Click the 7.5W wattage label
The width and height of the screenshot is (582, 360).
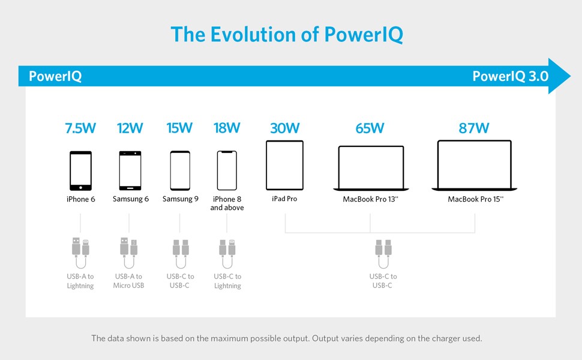click(80, 128)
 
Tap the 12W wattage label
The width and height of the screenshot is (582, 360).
click(130, 128)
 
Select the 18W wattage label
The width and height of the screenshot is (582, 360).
click(227, 128)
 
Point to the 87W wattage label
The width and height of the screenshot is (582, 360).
click(474, 128)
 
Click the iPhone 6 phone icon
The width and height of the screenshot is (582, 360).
click(81, 170)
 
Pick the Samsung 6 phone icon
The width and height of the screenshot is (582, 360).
click(130, 170)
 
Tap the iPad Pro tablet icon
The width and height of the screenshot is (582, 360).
click(285, 166)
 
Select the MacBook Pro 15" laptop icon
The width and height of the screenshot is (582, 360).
click(475, 166)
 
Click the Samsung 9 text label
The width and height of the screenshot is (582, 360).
click(180, 199)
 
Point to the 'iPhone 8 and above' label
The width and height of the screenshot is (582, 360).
click(227, 203)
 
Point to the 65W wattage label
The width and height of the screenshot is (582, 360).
click(370, 128)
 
